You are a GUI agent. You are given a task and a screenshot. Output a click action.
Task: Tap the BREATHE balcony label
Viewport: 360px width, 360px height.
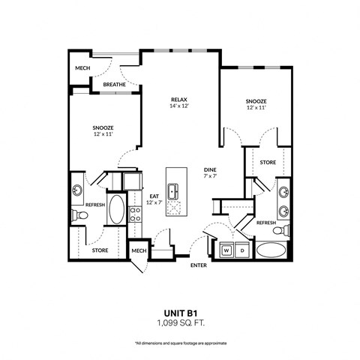pyautogui.click(x=115, y=85)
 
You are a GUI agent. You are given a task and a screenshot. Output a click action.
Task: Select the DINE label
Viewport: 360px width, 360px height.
pyautogui.click(x=210, y=169)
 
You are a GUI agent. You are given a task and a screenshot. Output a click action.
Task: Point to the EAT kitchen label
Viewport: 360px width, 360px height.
pyautogui.click(x=154, y=196)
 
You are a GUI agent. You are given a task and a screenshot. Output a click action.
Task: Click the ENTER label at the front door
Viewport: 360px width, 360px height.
pyautogui.click(x=199, y=265)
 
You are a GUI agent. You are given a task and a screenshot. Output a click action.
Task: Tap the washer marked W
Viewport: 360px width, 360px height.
pyautogui.click(x=226, y=250)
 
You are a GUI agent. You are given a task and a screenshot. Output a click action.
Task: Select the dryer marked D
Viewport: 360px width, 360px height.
pyautogui.click(x=241, y=250)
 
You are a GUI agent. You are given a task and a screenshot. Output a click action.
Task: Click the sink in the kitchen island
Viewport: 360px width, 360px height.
pyautogui.click(x=174, y=191)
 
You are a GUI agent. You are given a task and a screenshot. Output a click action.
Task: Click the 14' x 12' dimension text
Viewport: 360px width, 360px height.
pyautogui.click(x=178, y=106)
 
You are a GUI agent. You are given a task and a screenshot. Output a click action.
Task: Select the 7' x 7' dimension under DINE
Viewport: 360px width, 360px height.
pyautogui.click(x=210, y=177)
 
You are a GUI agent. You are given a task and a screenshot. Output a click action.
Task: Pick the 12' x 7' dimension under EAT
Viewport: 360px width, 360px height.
pyautogui.click(x=154, y=202)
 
